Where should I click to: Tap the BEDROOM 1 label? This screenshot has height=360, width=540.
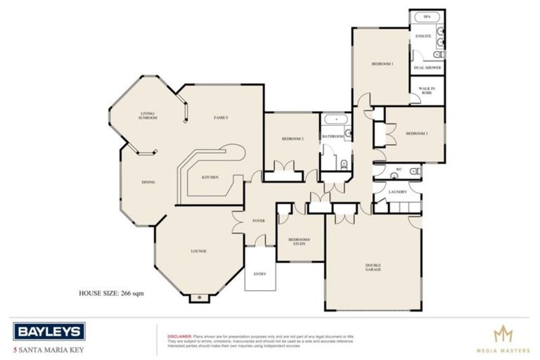[382, 64]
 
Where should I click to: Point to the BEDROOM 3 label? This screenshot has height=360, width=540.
[417, 133]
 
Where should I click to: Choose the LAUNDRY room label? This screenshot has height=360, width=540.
[398, 191]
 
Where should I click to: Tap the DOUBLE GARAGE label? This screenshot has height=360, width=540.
[373, 267]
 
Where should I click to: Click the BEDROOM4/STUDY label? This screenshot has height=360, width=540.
[300, 241]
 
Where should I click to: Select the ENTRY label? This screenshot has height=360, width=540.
[259, 274]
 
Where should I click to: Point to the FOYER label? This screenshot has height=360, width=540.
[259, 221]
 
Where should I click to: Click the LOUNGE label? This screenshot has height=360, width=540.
[199, 251]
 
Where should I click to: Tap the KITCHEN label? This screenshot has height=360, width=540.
[210, 176]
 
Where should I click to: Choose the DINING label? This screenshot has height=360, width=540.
[148, 182]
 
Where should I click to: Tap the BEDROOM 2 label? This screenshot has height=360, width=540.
[292, 139]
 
